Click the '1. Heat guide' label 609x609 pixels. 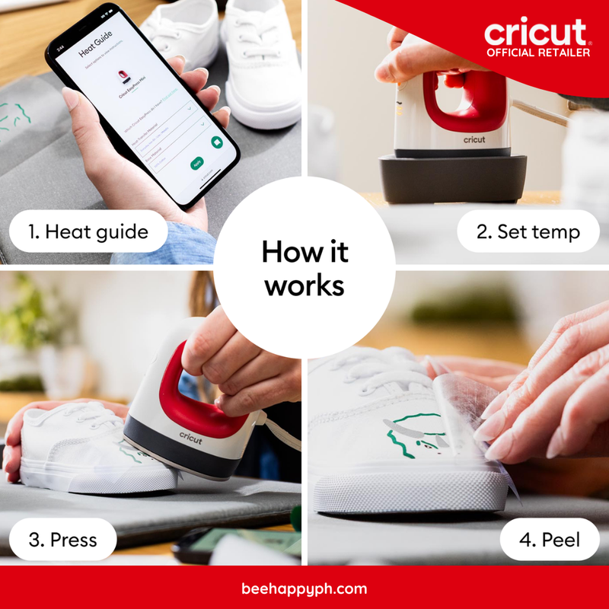pos(88,231)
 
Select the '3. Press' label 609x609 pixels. pos(62,540)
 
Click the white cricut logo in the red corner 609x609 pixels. pos(536,32)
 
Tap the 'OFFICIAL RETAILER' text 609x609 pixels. pos(537,53)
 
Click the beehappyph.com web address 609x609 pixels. pos(304,588)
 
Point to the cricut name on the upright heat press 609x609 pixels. pos(473,139)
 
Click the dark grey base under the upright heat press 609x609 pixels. pos(454,179)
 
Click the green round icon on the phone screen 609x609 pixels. pos(217,142)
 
